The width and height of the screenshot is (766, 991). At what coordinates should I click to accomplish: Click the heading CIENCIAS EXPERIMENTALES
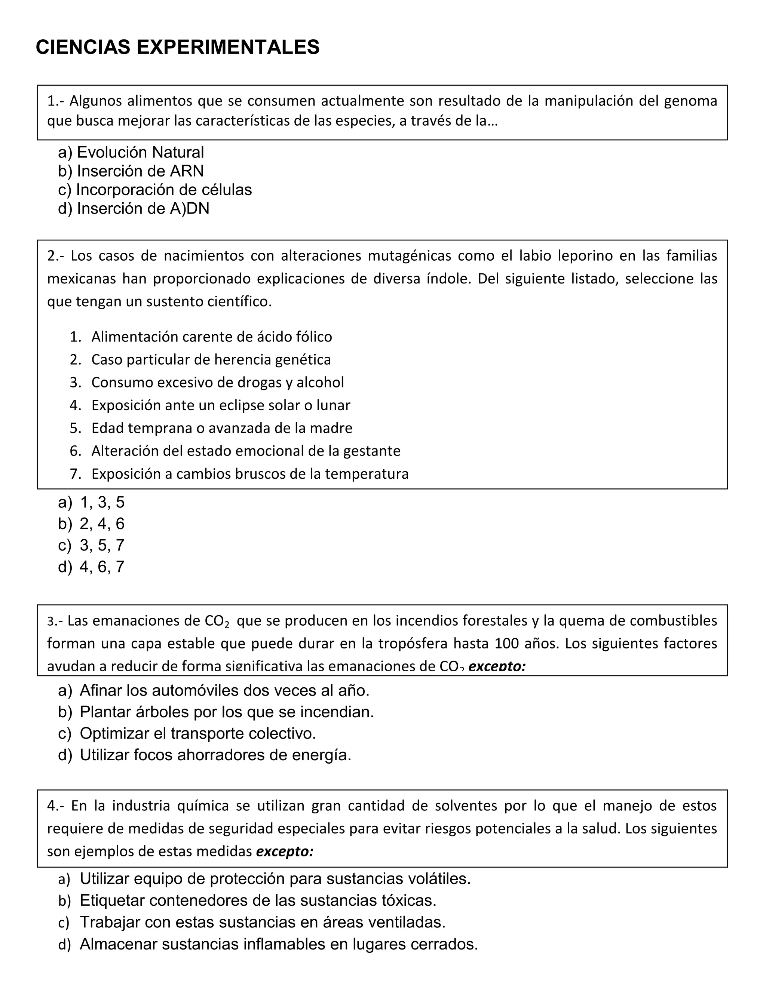click(x=177, y=47)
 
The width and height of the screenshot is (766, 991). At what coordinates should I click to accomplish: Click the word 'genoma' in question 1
click(x=690, y=101)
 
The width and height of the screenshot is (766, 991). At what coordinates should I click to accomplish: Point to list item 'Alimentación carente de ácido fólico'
click(x=211, y=337)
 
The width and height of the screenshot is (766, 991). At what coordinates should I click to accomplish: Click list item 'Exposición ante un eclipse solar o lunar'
click(x=221, y=405)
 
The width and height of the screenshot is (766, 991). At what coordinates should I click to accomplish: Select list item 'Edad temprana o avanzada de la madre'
click(x=221, y=428)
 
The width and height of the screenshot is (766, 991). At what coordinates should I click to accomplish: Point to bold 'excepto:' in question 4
click(x=285, y=852)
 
